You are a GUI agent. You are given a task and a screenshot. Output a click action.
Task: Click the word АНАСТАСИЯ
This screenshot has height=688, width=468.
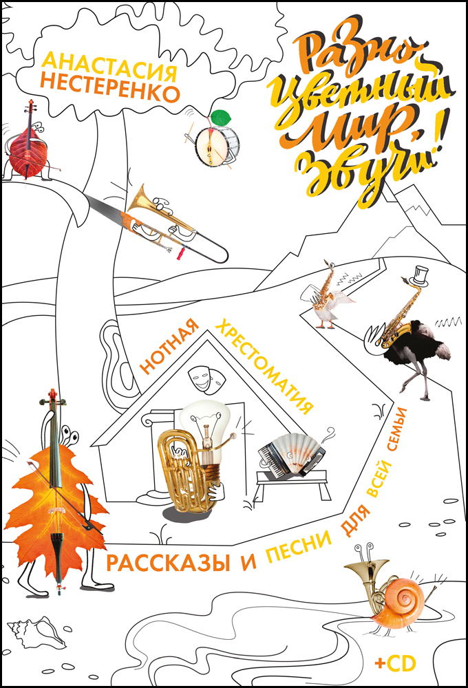pyautogui.click(x=109, y=66)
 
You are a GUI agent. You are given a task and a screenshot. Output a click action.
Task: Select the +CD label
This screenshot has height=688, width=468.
pyautogui.click(x=395, y=663)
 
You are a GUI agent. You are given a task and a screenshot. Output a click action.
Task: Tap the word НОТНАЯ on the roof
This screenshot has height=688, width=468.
pyautogui.click(x=169, y=347)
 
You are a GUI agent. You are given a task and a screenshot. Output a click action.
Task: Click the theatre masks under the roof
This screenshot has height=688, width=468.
pyautogui.click(x=206, y=377)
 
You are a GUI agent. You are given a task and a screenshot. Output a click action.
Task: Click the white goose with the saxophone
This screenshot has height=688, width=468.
pyautogui.click(x=330, y=303)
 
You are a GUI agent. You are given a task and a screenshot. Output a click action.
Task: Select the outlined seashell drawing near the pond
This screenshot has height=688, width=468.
pyautogui.click(x=37, y=632)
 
